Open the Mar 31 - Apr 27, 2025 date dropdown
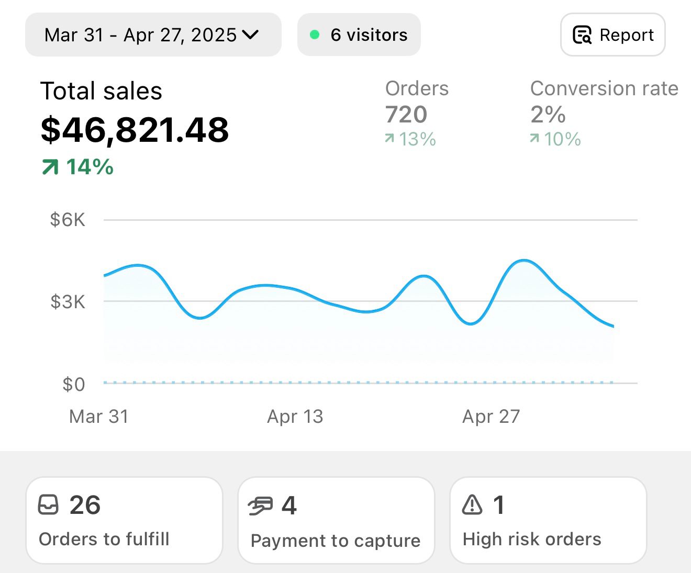point(152,35)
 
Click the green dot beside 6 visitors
point(315,35)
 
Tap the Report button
point(612,35)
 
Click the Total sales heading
point(101,91)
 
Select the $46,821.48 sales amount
point(135,130)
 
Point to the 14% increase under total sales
point(78,167)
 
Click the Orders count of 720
point(406,115)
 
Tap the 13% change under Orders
point(410,139)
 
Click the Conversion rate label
point(604,88)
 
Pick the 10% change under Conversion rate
point(555,139)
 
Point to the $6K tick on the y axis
point(68,220)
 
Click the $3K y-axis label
point(68,302)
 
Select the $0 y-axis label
point(73,385)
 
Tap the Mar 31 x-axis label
point(98,417)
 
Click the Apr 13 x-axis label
point(295,417)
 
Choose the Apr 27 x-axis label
point(491,417)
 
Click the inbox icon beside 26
point(48,505)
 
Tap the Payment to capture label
point(336,541)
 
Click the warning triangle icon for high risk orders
point(472,505)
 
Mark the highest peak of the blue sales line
point(524,260)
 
